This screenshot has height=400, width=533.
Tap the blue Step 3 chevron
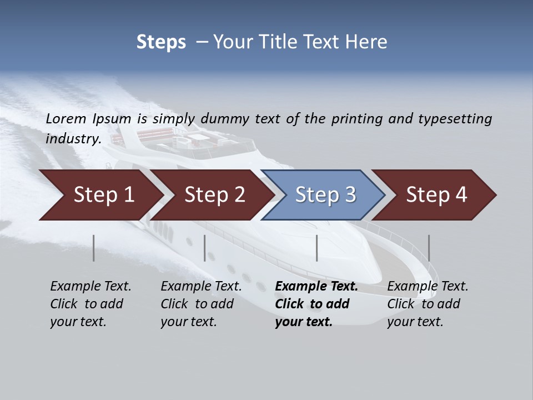pos(325,195)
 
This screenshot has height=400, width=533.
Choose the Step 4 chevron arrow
pos(436,195)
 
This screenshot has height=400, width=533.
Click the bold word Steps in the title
pos(161,42)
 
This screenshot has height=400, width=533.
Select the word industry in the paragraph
pos(73,138)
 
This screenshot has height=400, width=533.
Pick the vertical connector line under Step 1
pos(94,248)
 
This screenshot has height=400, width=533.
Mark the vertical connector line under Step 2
pos(205,248)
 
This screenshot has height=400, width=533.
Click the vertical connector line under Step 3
pos(316,248)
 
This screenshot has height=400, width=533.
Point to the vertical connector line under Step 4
pos(429,248)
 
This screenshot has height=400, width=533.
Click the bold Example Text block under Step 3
pos(316,304)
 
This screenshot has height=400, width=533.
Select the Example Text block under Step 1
pos(90,304)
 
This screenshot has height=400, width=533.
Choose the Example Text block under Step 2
pos(201,304)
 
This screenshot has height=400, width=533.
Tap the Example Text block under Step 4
pos(428,304)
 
